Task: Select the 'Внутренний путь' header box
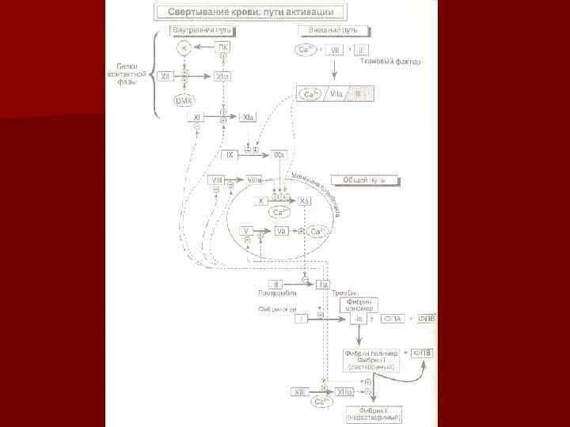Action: pyautogui.click(x=203, y=29)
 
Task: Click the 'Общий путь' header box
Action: pyautogui.click(x=358, y=179)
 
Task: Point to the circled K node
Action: pyautogui.click(x=184, y=49)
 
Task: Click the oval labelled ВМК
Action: pyautogui.click(x=184, y=100)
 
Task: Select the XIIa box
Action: pyautogui.click(x=222, y=77)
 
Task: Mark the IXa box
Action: pyautogui.click(x=279, y=155)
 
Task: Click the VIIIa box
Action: pyautogui.click(x=254, y=180)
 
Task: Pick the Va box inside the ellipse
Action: pyautogui.click(x=281, y=231)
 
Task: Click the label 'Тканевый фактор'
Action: pyautogui.click(x=390, y=62)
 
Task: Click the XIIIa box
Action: pyautogui.click(x=345, y=391)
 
